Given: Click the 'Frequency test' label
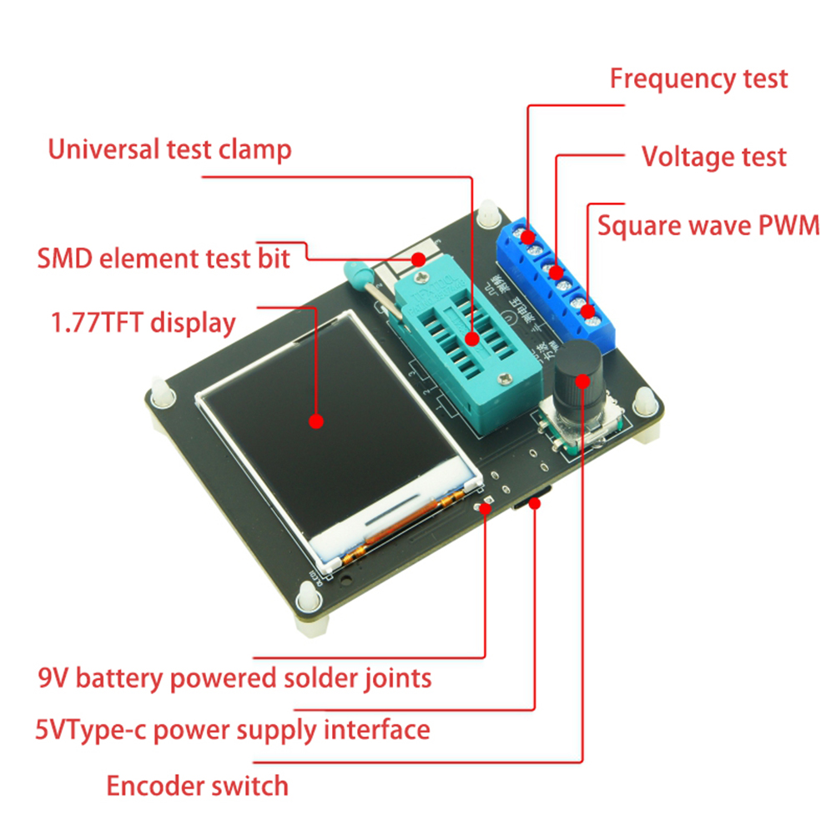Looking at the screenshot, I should [x=698, y=79].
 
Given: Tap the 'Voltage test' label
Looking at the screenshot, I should [x=713, y=156].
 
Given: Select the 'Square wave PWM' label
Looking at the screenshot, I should [x=708, y=226].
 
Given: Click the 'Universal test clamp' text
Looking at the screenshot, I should [x=169, y=150].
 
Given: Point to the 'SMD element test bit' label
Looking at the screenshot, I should [x=164, y=258].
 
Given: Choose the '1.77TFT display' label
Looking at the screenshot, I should [x=144, y=323].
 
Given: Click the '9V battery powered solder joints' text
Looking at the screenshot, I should [x=235, y=677].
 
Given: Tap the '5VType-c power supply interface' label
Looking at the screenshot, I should [x=233, y=731].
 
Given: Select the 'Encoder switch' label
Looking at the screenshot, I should [x=197, y=785].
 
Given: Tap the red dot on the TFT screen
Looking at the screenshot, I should [x=315, y=421].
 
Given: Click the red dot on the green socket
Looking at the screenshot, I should [x=472, y=339].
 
